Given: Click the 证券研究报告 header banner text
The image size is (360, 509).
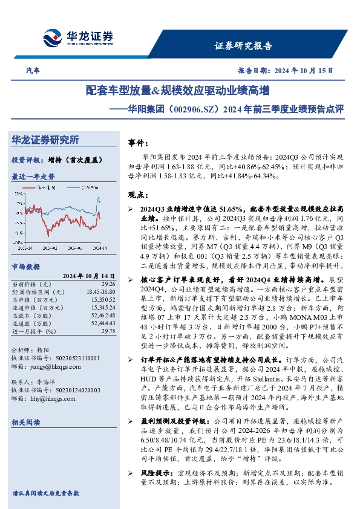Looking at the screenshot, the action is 244,45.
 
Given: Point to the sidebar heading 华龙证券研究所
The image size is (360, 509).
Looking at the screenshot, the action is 45,140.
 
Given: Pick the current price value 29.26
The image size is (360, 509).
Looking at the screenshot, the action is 108,283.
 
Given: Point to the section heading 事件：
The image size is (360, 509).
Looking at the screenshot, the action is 139,144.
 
